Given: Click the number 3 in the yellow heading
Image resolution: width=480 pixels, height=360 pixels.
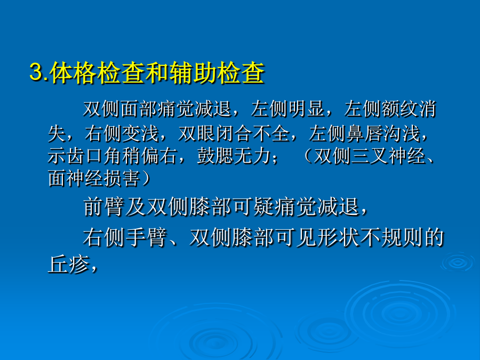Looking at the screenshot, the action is click(x=36, y=72).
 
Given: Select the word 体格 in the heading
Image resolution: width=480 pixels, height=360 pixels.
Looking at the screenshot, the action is click(x=74, y=73).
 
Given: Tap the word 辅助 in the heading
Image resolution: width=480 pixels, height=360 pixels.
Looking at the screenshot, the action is click(x=193, y=73).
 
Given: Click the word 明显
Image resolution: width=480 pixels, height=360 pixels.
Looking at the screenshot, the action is click(x=306, y=109).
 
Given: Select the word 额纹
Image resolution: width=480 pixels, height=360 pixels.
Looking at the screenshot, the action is click(x=399, y=109).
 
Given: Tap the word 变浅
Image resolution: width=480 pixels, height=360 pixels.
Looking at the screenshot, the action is click(x=140, y=133).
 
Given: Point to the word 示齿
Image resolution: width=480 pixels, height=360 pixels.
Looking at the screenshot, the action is click(x=66, y=156).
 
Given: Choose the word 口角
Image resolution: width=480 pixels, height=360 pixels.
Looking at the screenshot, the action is click(x=103, y=156).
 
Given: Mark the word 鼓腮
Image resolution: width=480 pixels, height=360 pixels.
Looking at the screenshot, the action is click(x=215, y=156).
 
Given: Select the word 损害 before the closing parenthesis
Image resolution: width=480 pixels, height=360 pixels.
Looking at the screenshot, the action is click(x=122, y=179).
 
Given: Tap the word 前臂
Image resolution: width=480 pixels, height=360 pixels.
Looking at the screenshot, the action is click(x=104, y=206).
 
